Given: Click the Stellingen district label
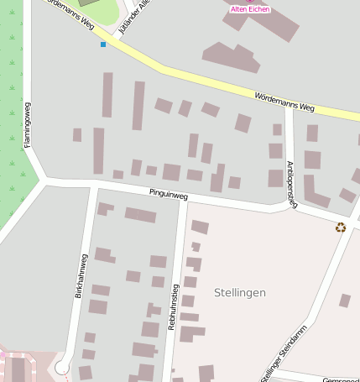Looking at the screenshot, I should coord(240,292).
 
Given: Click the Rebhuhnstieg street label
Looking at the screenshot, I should coord(174,306).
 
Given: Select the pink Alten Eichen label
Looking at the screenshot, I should coord(250,8).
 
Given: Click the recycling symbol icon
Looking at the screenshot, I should coord(341,227).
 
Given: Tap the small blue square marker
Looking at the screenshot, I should coord(103,44).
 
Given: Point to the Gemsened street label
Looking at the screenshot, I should coord(342,379).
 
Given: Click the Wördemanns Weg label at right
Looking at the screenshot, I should coord(284,102).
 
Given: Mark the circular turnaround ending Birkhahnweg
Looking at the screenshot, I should coord(60,367).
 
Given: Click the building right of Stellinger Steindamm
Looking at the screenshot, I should coord(344,300).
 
